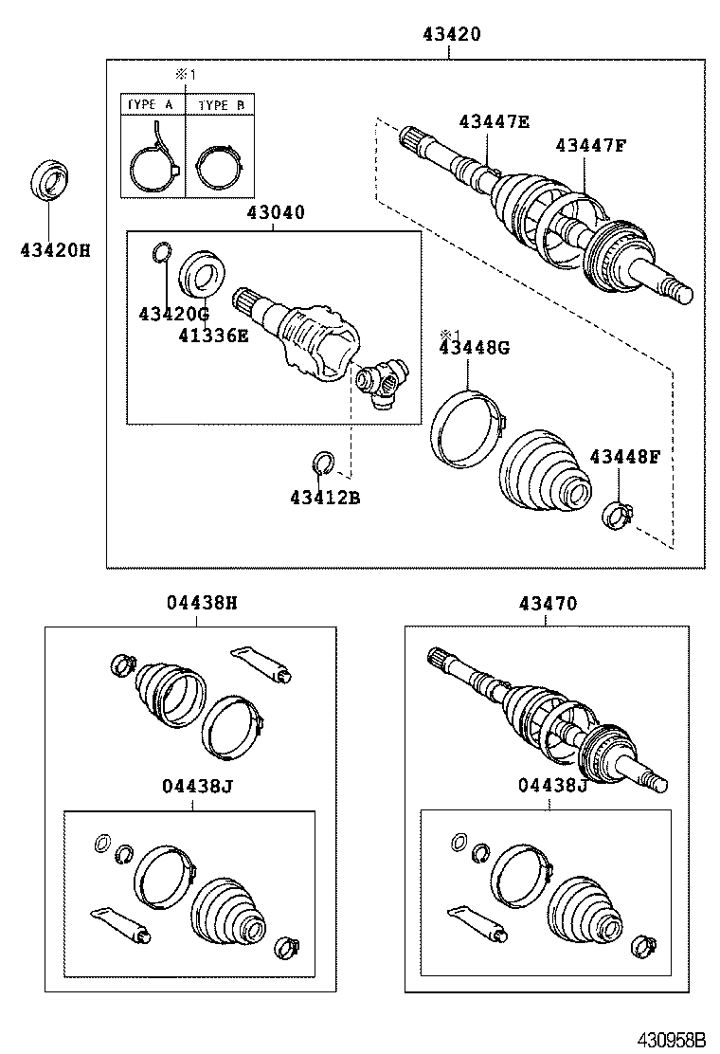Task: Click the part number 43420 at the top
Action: coord(451,34)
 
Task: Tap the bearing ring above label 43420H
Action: coord(50,181)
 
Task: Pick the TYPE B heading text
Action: coord(220,105)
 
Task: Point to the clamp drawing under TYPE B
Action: coord(218,162)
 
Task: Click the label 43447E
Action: coord(495,120)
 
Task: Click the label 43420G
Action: coord(172,314)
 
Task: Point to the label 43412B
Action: coord(325,497)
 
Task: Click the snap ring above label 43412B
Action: coord(321,463)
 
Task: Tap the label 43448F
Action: coord(624,458)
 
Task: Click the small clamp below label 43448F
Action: coord(617,516)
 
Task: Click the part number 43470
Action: coord(548,603)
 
